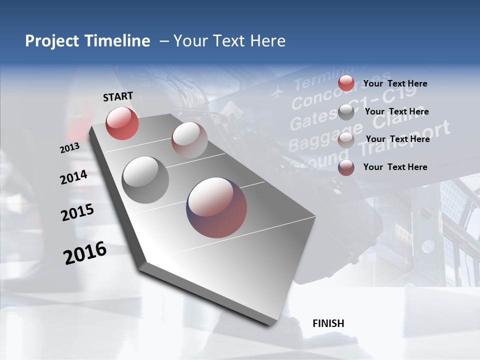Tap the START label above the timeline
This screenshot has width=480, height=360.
point(118,96)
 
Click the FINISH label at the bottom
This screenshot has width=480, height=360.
point(328,323)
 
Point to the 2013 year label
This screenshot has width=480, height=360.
point(70,148)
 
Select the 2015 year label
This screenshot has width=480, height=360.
point(77,212)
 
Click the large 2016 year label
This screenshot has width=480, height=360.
point(85,253)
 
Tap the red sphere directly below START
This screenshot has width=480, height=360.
point(122,123)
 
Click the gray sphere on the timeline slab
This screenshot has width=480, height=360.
point(145,180)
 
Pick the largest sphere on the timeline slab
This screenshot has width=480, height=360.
point(216,207)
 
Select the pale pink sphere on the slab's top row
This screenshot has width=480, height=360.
point(189,140)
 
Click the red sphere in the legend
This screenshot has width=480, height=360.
point(346,83)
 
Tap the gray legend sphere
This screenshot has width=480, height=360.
point(346,112)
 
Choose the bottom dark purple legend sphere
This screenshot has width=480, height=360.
point(346,168)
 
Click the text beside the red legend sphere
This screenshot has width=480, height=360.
point(395,84)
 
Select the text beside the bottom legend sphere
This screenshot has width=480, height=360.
point(395,167)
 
